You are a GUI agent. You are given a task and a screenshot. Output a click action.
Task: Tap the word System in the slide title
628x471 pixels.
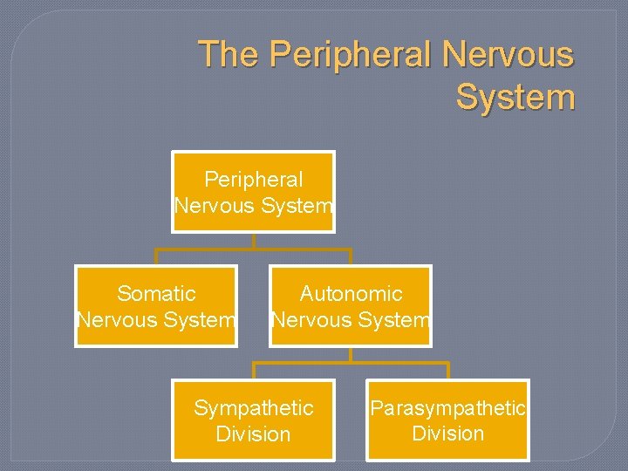coord(515,97)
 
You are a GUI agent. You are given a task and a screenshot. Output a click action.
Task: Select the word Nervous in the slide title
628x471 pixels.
coord(509,55)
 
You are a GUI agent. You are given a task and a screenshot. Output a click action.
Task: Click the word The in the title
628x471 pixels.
coord(229,55)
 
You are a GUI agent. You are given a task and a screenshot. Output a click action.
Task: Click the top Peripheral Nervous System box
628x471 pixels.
coord(253,192)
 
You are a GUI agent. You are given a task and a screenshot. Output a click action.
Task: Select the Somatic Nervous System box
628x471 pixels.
coord(156,306)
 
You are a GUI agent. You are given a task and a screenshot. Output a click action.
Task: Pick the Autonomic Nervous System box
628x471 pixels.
coord(350,306)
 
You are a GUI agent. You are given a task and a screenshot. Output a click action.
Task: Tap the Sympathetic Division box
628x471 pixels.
coord(253,420)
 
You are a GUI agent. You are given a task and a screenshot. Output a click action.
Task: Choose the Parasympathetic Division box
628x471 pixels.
coord(447,420)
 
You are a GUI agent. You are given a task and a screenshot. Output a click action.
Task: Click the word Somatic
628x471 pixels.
coord(156,294)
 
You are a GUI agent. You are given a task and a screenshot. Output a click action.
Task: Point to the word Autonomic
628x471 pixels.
coord(351,294)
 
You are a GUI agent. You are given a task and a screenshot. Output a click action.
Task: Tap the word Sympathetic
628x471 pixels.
coord(253,408)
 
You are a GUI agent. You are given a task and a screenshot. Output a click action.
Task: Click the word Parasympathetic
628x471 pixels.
coord(447,408)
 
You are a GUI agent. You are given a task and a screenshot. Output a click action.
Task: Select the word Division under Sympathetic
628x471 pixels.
coord(253,433)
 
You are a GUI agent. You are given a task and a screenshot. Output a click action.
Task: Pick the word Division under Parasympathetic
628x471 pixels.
coord(447,433)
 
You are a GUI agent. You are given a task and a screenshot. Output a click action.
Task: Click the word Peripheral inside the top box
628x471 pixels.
coord(253,180)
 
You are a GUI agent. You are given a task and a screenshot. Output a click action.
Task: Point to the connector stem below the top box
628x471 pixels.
coord(253,241)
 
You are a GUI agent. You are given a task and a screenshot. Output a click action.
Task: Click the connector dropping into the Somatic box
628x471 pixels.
coord(156,257)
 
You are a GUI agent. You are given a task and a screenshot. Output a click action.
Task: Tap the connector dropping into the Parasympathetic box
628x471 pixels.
coord(447,372)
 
